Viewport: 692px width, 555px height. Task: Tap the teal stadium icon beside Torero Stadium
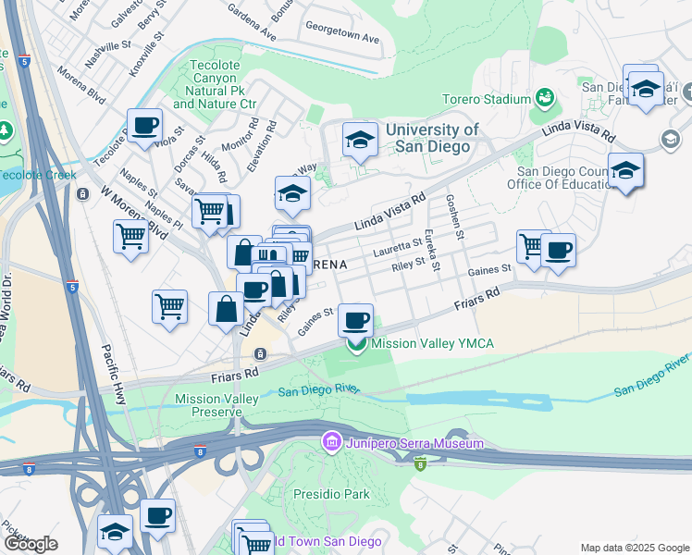click(545, 96)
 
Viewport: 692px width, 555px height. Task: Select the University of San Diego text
click(432, 139)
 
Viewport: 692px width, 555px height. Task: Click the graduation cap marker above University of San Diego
click(360, 140)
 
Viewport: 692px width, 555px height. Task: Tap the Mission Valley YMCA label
click(432, 344)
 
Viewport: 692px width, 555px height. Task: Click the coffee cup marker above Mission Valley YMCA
click(356, 320)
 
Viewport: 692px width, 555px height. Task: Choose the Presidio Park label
click(331, 494)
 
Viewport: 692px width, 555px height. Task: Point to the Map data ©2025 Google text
click(635, 548)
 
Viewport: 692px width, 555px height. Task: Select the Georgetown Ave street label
click(343, 39)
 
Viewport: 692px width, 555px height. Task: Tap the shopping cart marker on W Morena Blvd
click(130, 236)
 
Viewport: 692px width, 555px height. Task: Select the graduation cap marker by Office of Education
click(626, 170)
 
